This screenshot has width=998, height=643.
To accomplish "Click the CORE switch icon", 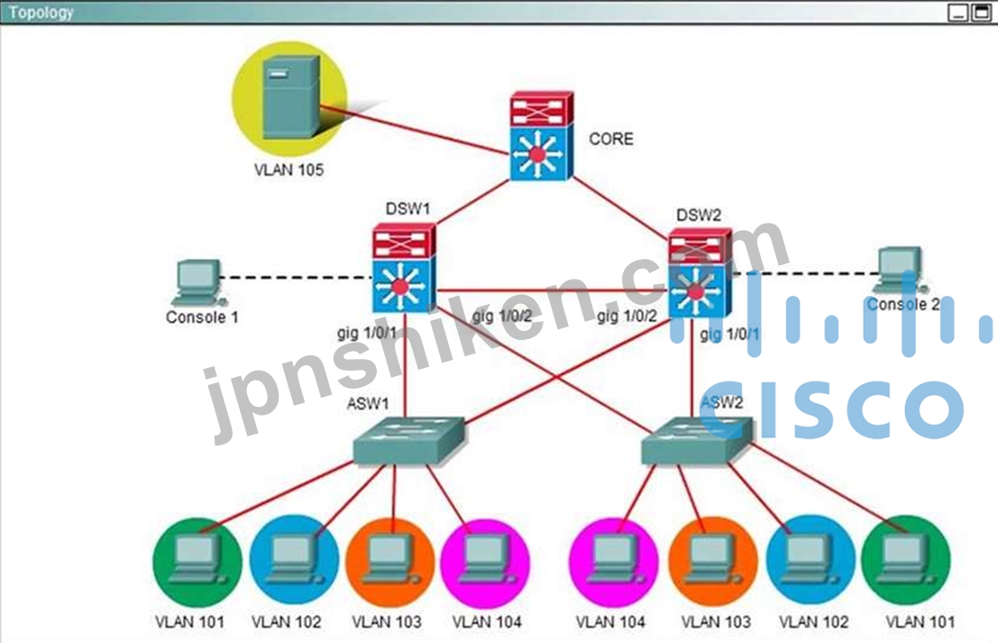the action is point(542,136).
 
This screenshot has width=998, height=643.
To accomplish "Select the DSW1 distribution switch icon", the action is point(404,268).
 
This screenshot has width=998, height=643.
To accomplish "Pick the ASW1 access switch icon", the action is point(409,441).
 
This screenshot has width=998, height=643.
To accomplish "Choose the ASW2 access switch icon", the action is point(697,441).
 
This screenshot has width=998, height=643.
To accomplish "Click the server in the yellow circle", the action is point(291,96).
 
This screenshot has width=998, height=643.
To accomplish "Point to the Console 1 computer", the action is point(198,282).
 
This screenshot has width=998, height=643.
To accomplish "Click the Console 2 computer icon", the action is point(900,271).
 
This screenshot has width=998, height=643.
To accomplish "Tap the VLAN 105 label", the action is point(289,170).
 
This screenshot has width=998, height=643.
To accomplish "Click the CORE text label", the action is point(611,139).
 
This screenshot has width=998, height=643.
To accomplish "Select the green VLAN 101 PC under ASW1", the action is point(198,561).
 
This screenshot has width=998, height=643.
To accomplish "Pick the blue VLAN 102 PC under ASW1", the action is point(294,560).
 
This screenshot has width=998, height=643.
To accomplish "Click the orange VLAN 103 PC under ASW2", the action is point(713,560).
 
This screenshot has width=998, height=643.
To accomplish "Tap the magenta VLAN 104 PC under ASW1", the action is point(485,561).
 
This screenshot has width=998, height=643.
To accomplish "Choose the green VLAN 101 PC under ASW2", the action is point(906,560).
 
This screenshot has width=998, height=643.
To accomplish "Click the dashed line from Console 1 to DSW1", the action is point(296,278).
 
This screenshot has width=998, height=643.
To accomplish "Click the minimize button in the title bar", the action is point(958,12).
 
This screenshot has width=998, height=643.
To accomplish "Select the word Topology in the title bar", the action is point(41,12).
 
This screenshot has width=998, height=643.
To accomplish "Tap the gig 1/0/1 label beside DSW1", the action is point(367,333).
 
